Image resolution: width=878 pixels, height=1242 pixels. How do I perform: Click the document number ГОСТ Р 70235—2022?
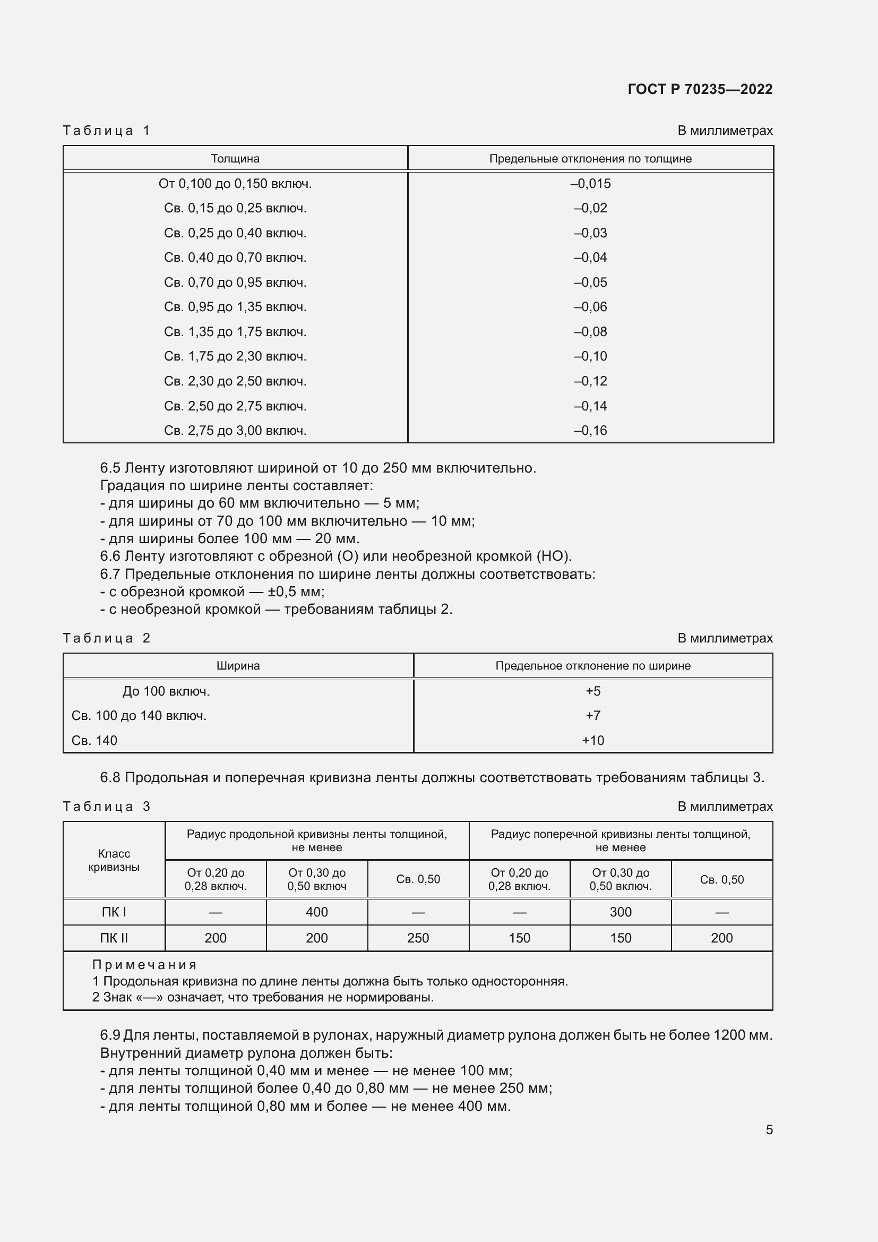click(x=700, y=89)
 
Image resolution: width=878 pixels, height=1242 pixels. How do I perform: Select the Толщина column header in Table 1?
click(x=235, y=158)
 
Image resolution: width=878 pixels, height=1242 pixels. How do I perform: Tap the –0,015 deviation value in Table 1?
click(x=590, y=184)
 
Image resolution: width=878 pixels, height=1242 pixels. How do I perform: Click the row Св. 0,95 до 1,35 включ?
click(x=235, y=307)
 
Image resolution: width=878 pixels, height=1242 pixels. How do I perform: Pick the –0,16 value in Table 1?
click(x=590, y=431)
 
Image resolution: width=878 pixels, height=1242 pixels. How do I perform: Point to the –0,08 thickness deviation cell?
click(x=590, y=331)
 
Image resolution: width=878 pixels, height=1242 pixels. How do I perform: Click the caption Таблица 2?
click(x=107, y=638)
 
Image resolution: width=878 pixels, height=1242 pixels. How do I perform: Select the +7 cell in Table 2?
click(x=593, y=716)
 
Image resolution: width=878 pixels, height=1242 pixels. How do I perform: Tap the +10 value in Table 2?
click(x=593, y=741)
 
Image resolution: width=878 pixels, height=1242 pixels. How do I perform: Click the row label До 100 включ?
click(x=166, y=691)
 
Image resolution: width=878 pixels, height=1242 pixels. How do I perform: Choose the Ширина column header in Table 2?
click(x=238, y=666)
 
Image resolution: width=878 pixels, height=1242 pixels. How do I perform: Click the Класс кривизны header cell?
click(x=114, y=861)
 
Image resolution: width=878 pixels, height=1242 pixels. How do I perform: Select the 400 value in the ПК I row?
click(x=317, y=913)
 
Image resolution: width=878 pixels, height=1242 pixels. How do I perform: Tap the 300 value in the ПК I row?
click(x=621, y=913)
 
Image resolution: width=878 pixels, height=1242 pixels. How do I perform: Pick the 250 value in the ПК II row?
click(x=418, y=938)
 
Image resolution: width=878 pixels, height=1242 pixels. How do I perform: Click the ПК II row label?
click(x=114, y=938)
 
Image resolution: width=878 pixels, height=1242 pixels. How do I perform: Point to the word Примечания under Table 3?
click(x=144, y=965)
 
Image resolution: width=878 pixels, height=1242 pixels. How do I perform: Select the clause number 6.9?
click(x=110, y=1035)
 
